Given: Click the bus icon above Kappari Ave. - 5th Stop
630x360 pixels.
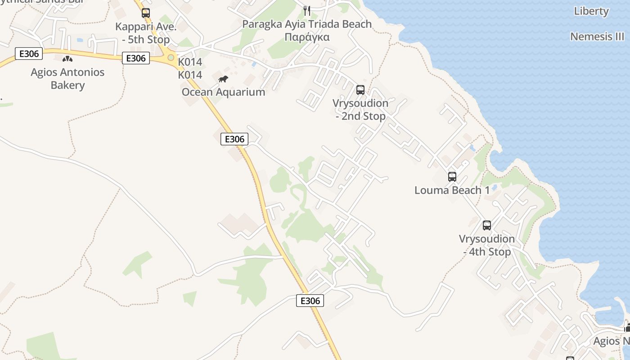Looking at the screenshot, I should click(x=145, y=13).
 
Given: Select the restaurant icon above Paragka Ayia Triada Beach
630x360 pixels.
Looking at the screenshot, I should click(x=307, y=10).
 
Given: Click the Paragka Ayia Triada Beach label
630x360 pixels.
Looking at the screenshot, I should click(x=307, y=24).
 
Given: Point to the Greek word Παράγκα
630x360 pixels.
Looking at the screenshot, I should click(x=307, y=37).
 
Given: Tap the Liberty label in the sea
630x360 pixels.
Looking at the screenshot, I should click(x=591, y=11).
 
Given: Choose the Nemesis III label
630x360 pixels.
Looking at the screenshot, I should click(x=597, y=36).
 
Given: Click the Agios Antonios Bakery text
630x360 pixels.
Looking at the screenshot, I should click(x=67, y=78).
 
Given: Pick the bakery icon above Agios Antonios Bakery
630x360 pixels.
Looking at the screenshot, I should click(x=67, y=58).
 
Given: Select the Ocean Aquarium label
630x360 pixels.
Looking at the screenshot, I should click(x=223, y=92).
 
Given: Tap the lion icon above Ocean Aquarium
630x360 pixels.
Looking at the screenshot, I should click(x=223, y=79).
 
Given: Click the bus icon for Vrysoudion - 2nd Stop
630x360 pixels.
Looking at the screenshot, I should click(x=360, y=90).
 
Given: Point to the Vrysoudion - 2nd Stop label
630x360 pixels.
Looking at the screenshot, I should click(x=360, y=109).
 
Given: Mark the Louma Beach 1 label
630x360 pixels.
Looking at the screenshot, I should click(x=452, y=190).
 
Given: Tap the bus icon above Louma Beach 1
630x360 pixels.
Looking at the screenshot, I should click(x=452, y=176).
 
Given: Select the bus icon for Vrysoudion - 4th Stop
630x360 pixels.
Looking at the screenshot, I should click(x=486, y=225).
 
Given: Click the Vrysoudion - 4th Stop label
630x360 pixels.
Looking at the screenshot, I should click(x=486, y=245).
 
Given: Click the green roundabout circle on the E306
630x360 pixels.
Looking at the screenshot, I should click(x=171, y=58).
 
